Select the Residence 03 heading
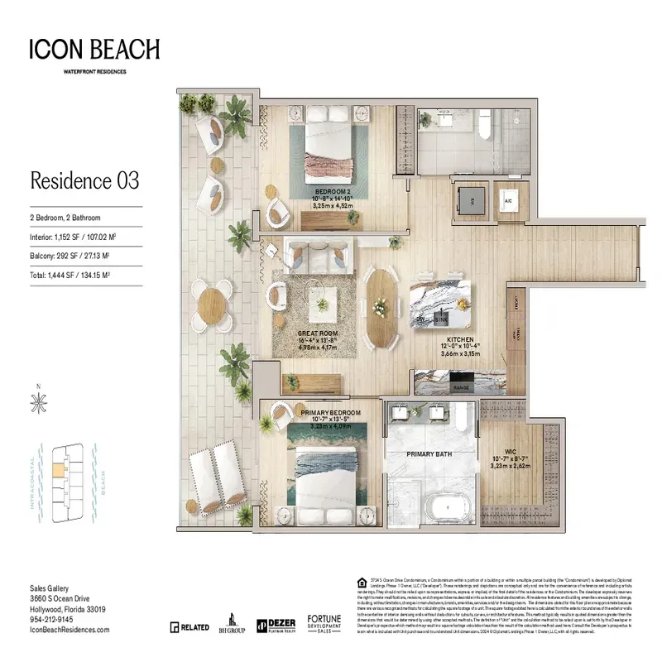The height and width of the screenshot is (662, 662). tap(84, 180)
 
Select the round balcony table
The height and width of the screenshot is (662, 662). tap(213, 301)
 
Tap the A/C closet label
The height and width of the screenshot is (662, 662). tap(509, 200)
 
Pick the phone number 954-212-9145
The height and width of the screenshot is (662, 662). tap(51, 619)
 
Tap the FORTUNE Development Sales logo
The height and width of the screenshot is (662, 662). tap(325, 624)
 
